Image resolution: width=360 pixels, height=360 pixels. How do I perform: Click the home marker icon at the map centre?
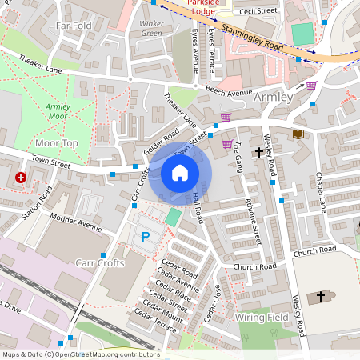pyautogui.click(x=180, y=173)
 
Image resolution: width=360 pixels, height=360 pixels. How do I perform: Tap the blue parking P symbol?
pyautogui.click(x=146, y=236)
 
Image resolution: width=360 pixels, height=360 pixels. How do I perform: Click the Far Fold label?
pyautogui.click(x=74, y=26)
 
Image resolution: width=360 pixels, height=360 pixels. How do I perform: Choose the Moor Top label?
pyautogui.click(x=58, y=142)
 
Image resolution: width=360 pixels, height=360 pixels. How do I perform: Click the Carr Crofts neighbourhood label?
pyautogui.click(x=99, y=262)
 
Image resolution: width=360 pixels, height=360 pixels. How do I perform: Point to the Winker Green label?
pyautogui.click(x=152, y=29)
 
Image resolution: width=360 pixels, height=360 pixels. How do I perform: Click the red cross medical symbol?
pyautogui.click(x=20, y=178)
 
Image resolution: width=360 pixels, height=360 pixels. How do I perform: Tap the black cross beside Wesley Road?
pyautogui.click(x=259, y=151)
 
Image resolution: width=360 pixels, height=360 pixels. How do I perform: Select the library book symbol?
pyautogui.click(x=298, y=134)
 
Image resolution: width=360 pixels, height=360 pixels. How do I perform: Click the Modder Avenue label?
pyautogui.click(x=76, y=222)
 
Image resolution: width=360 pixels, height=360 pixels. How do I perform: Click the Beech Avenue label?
pyautogui.click(x=228, y=92)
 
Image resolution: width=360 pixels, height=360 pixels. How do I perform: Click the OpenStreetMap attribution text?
pyautogui.click(x=80, y=354)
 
